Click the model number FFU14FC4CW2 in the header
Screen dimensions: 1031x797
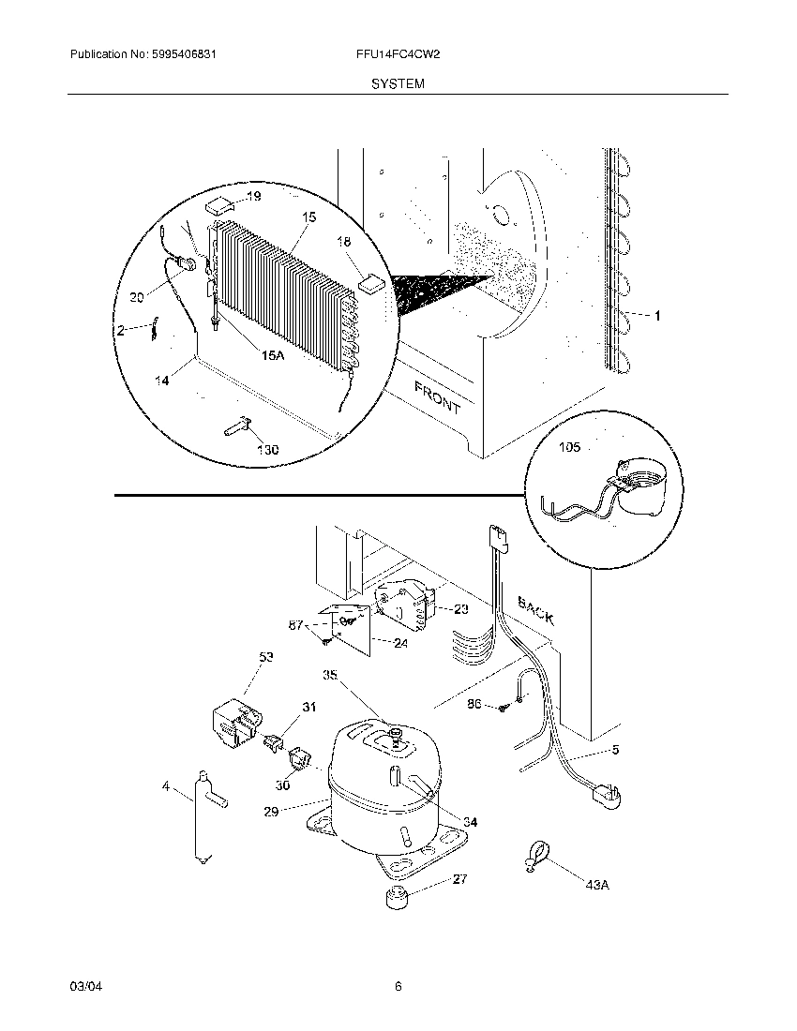(x=398, y=55)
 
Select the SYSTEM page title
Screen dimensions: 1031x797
(x=398, y=83)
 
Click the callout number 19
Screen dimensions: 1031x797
(x=254, y=196)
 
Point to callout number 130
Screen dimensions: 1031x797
(x=267, y=450)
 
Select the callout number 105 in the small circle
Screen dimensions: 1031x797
(x=568, y=448)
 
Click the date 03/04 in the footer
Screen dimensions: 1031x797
(x=83, y=986)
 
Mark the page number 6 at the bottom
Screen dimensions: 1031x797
(x=398, y=986)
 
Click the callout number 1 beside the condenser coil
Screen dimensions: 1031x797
(x=656, y=316)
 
